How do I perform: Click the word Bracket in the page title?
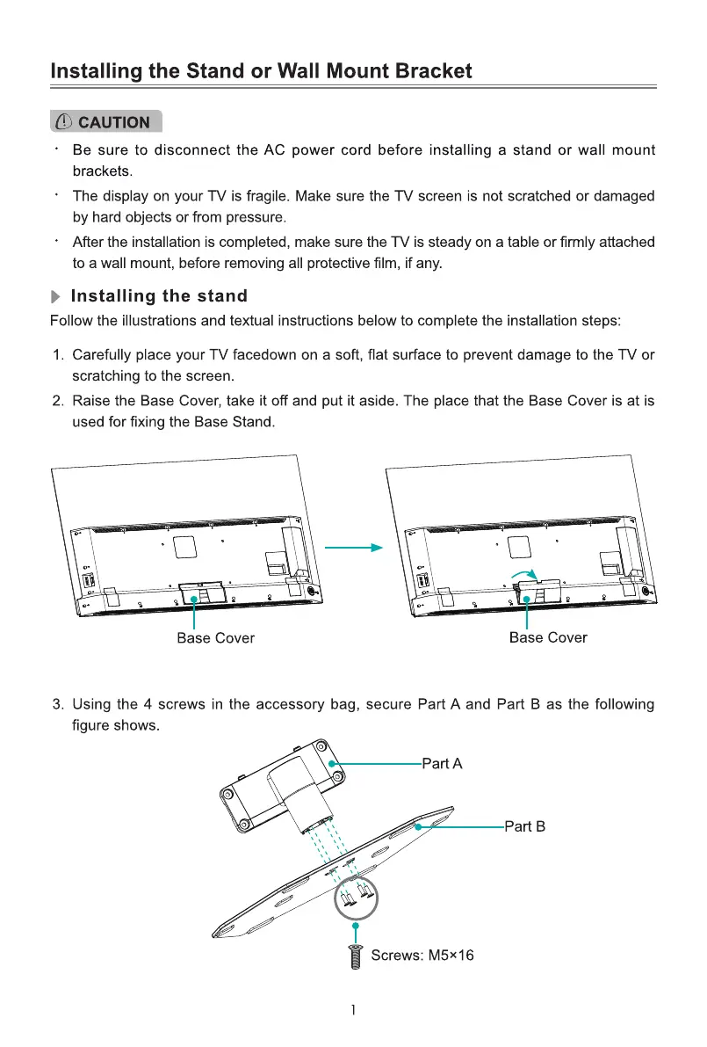425,71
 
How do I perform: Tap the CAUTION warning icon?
63,122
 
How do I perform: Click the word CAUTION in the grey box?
114,122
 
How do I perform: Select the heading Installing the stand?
159,296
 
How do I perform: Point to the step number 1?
58,355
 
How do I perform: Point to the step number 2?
58,401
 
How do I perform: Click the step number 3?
58,704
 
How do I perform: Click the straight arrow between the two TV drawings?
354,548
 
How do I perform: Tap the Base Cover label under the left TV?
215,638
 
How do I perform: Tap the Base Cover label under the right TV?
548,637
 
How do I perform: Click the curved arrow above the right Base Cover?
524,573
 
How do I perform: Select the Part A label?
442,764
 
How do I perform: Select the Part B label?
525,826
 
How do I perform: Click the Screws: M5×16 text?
422,955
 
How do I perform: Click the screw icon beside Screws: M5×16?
355,956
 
